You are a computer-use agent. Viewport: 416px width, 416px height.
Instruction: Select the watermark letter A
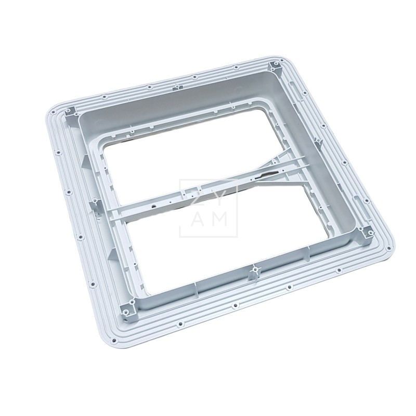[x=195, y=220]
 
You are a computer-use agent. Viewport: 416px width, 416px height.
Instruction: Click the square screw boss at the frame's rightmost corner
[x=368, y=232]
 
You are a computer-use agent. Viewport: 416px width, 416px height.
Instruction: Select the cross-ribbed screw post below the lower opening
[x=254, y=270]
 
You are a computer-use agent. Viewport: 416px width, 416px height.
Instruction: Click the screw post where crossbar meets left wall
[x=97, y=203]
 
